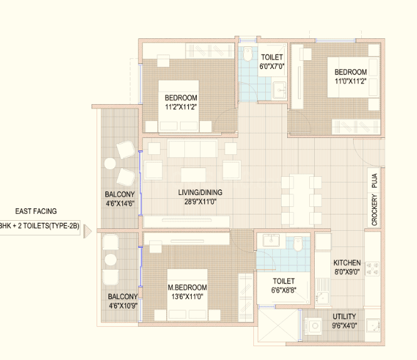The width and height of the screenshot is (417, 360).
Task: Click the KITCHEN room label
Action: click(347, 263)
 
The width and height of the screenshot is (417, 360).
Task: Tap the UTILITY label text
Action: click(344, 317)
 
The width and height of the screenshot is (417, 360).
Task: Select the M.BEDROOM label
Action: click(187, 288)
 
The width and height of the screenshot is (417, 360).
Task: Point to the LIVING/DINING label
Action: click(200, 193)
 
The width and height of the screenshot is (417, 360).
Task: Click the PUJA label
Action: click(374, 181)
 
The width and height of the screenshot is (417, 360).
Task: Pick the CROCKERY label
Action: click(374, 210)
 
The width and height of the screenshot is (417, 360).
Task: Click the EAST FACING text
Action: click(36, 211)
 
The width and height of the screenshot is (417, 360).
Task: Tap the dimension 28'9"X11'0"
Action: click(201, 202)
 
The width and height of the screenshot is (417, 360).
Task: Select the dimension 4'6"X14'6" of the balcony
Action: click(120, 204)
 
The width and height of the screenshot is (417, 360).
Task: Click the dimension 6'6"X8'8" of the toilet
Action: click(284, 290)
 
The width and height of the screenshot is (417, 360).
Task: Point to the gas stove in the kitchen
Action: click(372, 268)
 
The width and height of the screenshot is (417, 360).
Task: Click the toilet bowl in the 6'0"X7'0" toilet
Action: click(248, 54)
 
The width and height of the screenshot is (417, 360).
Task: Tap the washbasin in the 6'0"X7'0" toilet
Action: click(280, 90)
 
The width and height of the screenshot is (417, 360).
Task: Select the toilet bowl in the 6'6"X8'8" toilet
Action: click(298, 245)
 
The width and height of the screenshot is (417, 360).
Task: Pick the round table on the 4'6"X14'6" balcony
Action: click(110, 164)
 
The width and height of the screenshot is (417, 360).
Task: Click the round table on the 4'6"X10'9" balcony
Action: click(110, 260)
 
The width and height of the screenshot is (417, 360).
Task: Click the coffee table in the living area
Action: click(193, 174)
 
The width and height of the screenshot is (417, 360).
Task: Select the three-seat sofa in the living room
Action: click(193, 149)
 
